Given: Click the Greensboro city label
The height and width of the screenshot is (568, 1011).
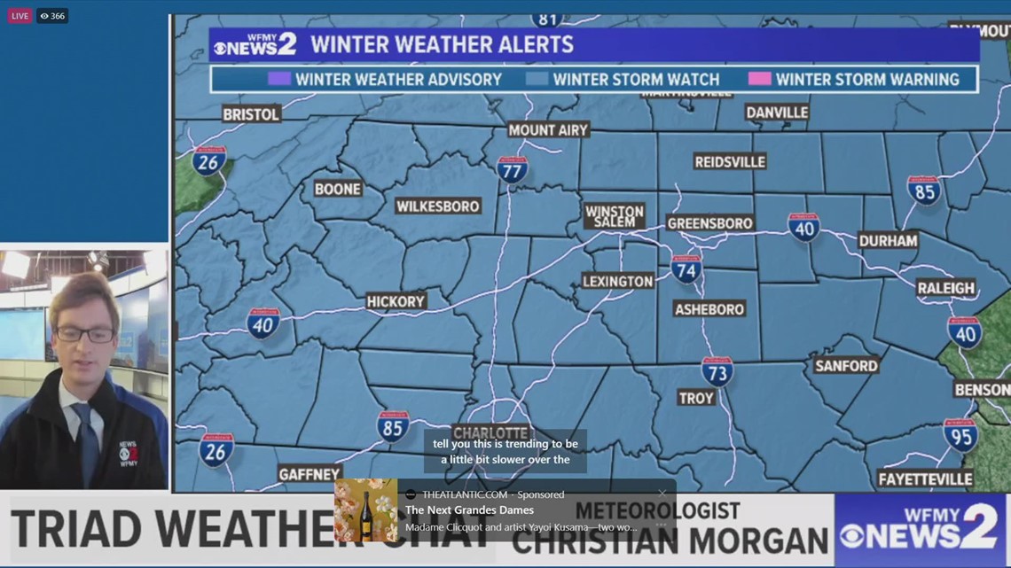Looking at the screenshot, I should [x=709, y=224].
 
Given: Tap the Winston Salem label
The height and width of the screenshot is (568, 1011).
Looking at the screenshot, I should [x=614, y=216].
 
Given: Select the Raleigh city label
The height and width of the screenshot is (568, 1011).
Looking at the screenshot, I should [x=946, y=288].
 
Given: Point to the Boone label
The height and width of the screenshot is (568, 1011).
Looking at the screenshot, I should [x=338, y=189].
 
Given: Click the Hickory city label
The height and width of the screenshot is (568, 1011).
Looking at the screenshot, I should [x=396, y=301].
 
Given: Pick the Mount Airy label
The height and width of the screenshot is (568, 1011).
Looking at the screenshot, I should [x=548, y=130].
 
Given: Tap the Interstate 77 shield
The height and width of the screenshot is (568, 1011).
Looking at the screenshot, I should [x=512, y=169].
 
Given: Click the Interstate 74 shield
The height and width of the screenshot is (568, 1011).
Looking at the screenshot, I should [x=686, y=268].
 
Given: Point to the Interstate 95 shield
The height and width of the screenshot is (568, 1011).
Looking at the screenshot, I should [x=960, y=434].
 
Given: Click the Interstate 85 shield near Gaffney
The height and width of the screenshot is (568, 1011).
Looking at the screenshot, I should [x=392, y=426].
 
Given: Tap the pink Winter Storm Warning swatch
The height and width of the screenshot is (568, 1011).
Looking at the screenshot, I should [x=759, y=79].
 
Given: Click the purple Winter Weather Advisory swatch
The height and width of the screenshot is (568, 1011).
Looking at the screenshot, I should [x=279, y=79].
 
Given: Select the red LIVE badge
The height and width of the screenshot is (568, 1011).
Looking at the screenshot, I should [x=20, y=16].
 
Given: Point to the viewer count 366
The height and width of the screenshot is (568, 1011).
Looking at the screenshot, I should [x=52, y=16].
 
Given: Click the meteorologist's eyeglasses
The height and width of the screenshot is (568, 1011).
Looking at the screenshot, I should [x=84, y=335].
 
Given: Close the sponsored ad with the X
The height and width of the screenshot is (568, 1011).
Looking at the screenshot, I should [x=662, y=494].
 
